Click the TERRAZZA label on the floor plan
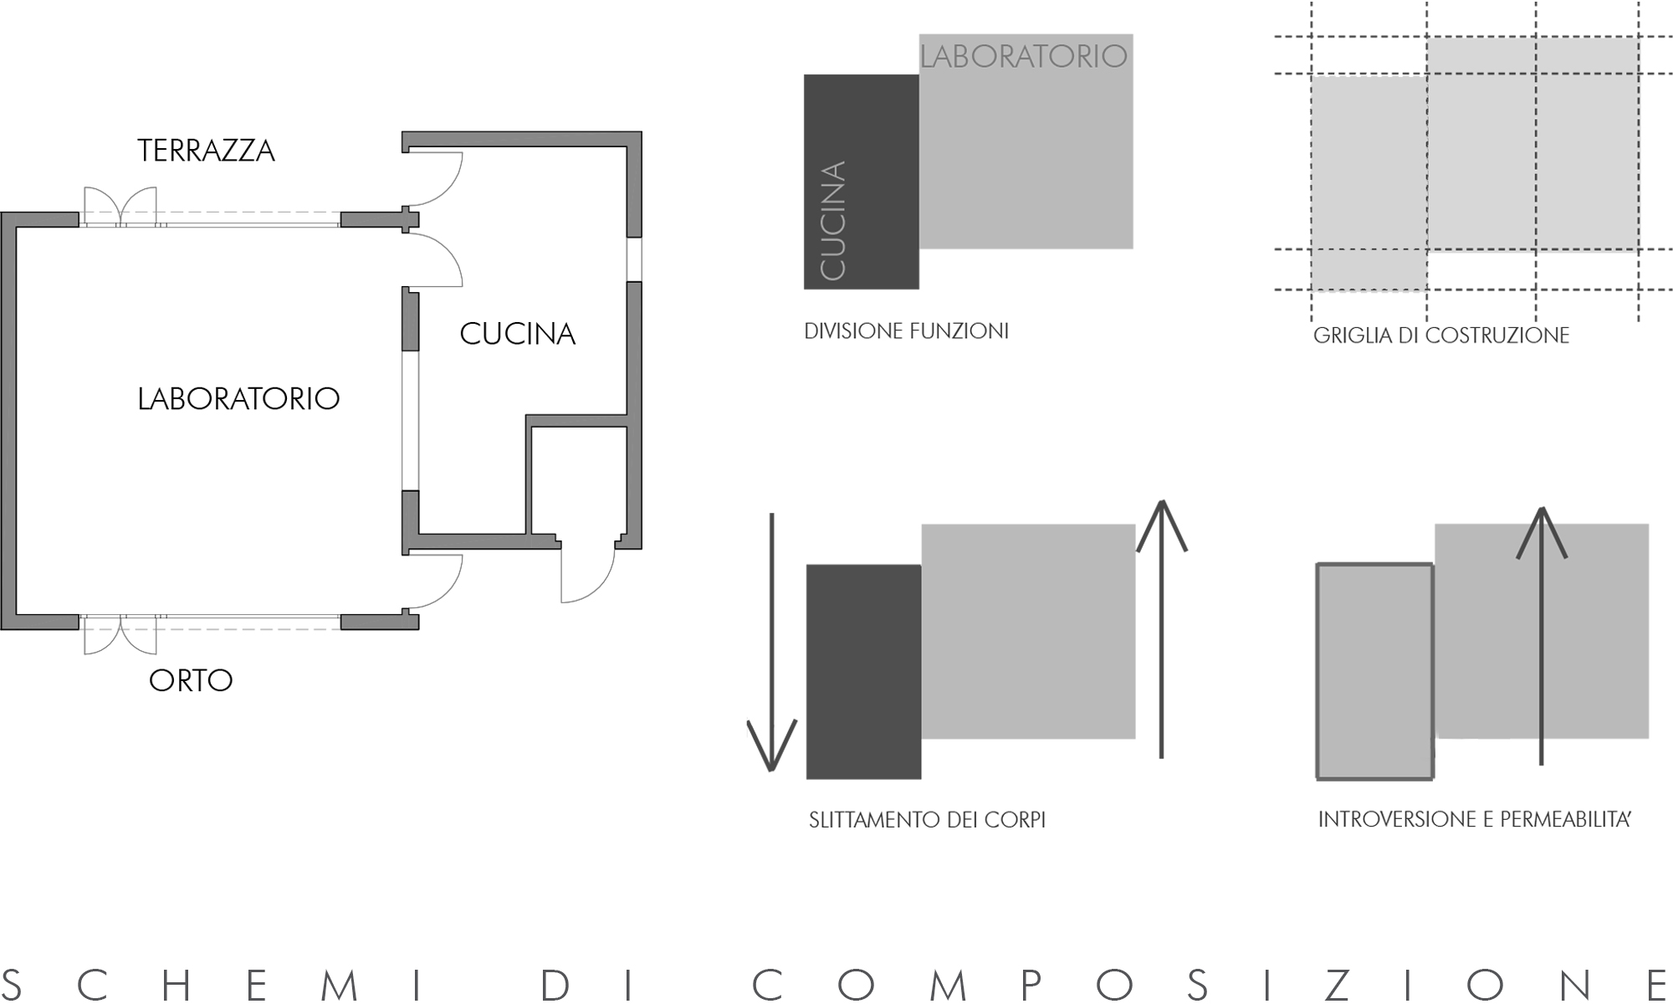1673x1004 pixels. pyautogui.click(x=206, y=151)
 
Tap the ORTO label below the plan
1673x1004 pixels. pyautogui.click(x=191, y=680)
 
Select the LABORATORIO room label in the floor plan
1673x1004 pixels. pyautogui.click(x=238, y=398)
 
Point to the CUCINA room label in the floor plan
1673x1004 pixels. pyautogui.click(x=517, y=334)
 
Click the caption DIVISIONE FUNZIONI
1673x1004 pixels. pyautogui.click(x=906, y=331)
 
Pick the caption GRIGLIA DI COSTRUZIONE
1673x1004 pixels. pyautogui.click(x=1440, y=336)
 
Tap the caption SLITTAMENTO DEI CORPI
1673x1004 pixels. pyautogui.click(x=927, y=820)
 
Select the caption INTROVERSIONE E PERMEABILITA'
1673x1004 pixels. pyautogui.click(x=1475, y=819)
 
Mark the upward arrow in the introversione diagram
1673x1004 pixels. pyautogui.click(x=1541, y=636)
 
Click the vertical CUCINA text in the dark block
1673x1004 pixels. pyautogui.click(x=833, y=221)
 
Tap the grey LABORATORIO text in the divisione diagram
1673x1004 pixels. pyautogui.click(x=1023, y=56)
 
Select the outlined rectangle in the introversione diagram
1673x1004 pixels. pyautogui.click(x=1374, y=672)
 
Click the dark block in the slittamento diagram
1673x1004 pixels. pyautogui.click(x=863, y=672)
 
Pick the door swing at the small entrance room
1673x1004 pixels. pyautogui.click(x=586, y=573)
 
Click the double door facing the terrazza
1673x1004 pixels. pyautogui.click(x=120, y=207)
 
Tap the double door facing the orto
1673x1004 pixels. pyautogui.click(x=120, y=635)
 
